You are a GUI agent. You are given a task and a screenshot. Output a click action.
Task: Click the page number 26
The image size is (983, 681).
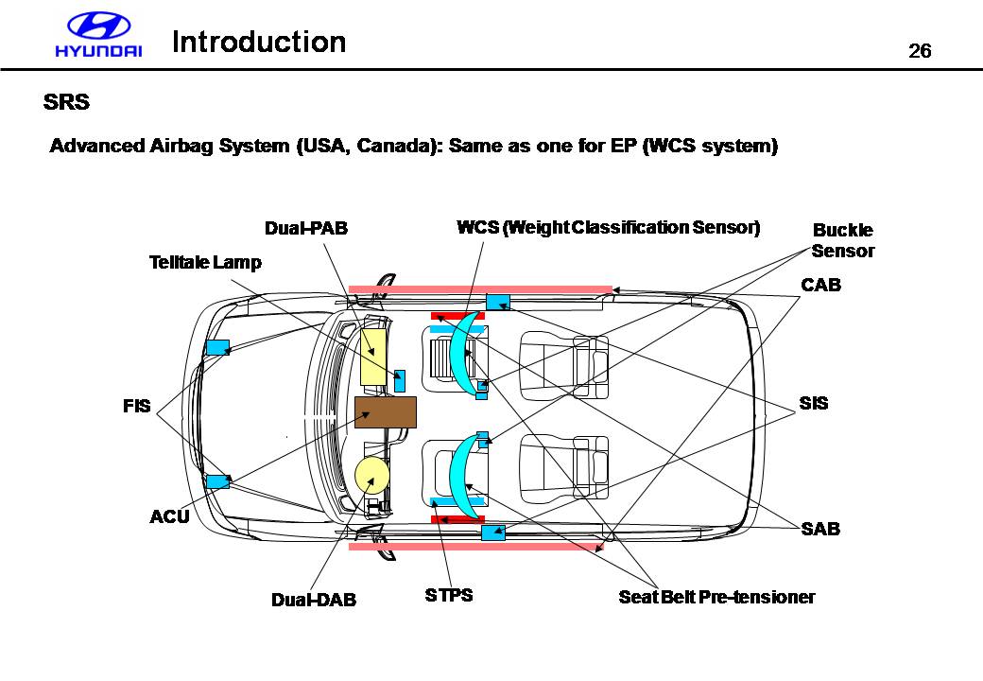coord(920,51)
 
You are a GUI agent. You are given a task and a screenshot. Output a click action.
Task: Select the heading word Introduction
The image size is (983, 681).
coord(259,43)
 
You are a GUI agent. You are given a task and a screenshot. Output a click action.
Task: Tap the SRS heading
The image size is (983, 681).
coord(66,102)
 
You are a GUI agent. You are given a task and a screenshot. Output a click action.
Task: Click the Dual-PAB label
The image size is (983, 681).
coord(305,228)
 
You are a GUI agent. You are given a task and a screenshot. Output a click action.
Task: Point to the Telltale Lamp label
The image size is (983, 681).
coord(205,262)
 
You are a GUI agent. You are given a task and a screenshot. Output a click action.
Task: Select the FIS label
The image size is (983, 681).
coord(136,406)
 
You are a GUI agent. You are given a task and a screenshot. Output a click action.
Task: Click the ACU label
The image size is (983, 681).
coord(170,516)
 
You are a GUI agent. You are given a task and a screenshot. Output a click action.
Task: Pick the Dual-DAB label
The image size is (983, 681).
coord(314,600)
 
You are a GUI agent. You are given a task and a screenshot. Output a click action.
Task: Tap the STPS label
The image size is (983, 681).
coord(449,595)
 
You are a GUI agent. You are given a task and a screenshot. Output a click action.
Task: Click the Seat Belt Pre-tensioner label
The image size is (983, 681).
coord(716,597)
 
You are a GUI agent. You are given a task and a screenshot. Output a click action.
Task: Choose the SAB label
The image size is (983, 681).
coord(820,529)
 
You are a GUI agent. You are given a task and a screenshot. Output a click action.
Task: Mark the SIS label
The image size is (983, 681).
coord(813,403)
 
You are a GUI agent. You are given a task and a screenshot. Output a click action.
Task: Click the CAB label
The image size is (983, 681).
coord(820,284)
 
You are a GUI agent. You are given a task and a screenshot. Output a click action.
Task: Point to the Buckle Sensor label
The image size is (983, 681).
coord(843,240)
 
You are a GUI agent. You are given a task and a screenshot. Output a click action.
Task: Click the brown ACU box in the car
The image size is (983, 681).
coord(385,412)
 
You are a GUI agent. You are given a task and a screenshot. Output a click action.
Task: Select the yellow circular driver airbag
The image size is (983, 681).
coord(372,475)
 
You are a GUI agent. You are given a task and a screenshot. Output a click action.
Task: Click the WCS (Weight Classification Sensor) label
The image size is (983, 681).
coord(608,228)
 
